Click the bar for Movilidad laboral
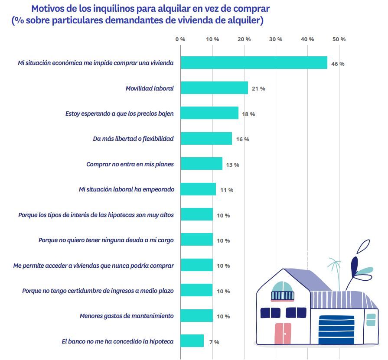[214, 88]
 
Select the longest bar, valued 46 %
[254, 63]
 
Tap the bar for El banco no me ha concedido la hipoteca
[192, 341]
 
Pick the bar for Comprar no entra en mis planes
[201, 164]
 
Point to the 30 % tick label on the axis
[276, 39]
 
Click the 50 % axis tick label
[339, 39]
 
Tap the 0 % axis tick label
[180, 39]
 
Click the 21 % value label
[258, 88]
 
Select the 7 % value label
[214, 342]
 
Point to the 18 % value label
[248, 114]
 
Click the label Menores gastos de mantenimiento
[127, 316]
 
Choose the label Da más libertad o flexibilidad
[133, 139]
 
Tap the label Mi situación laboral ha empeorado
[126, 189]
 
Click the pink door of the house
[283, 333]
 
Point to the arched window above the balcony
[283, 287]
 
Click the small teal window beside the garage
[371, 320]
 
